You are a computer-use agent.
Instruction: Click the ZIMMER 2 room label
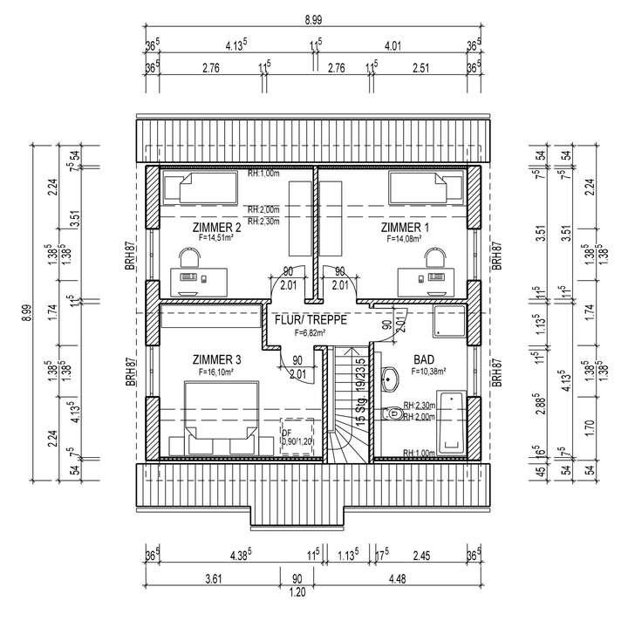point(216,227)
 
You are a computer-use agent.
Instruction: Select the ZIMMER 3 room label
point(216,360)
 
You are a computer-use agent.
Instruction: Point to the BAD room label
point(425,359)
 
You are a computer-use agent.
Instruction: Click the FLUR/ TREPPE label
point(311,319)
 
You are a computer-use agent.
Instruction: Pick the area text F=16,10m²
point(216,372)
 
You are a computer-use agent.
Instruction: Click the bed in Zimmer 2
point(207,188)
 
